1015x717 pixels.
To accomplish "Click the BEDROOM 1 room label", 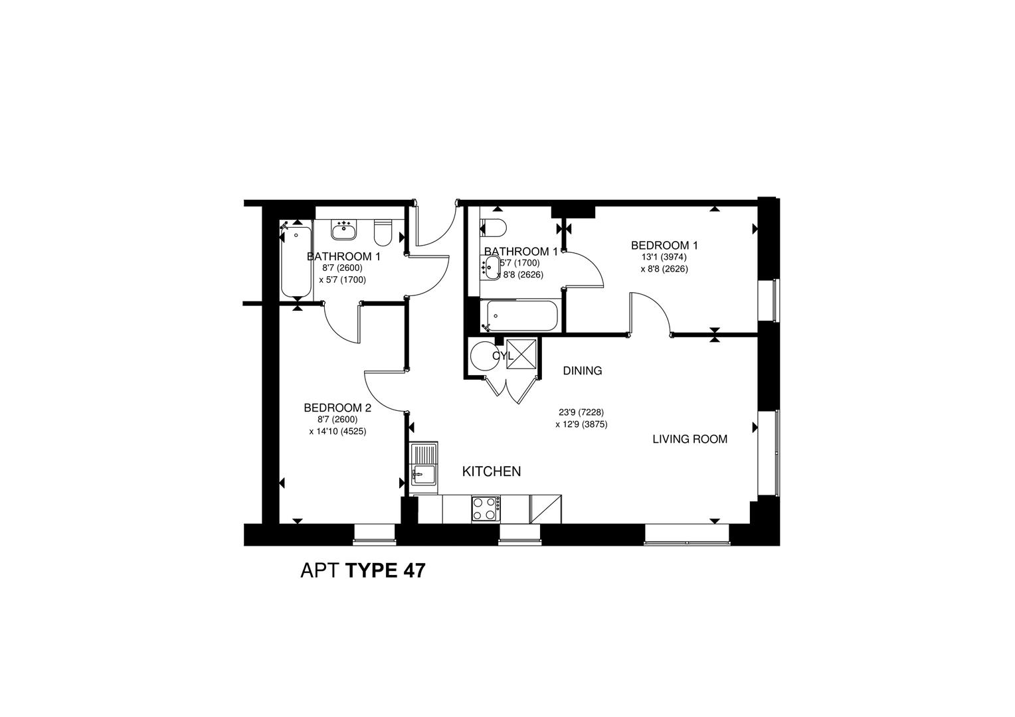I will (x=664, y=246).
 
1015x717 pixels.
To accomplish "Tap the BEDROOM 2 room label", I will (x=337, y=408).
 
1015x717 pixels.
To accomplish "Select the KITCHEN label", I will (x=491, y=471).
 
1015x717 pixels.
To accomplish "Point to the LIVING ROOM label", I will (x=690, y=439).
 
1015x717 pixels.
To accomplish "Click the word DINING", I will (x=582, y=370).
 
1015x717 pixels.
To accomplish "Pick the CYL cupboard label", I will (x=503, y=356).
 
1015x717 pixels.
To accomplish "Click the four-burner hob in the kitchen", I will (x=486, y=509).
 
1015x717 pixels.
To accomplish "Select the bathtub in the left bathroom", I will (x=296, y=262).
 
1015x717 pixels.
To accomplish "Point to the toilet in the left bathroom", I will (x=383, y=232).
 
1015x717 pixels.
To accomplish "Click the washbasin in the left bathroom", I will (x=344, y=230).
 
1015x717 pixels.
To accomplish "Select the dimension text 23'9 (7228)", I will (x=581, y=412).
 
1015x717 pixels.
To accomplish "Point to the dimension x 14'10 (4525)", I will (x=337, y=431).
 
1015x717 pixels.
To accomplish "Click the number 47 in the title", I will (x=411, y=570).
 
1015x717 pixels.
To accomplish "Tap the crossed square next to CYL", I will (x=520, y=353).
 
